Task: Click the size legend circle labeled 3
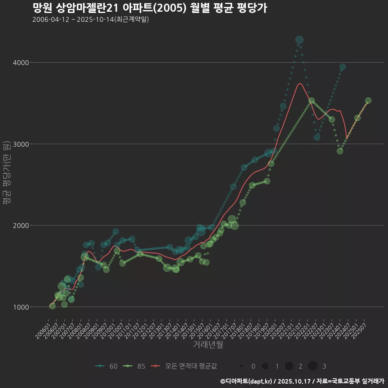[313, 366]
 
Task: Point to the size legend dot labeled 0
[242, 366]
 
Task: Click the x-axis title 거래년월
[208, 344]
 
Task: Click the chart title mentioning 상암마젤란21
[150, 8]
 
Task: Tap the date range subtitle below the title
[91, 19]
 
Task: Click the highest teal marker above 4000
[299, 40]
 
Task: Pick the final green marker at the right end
[368, 101]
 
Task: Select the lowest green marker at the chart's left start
[52, 306]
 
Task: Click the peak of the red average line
[300, 84]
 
